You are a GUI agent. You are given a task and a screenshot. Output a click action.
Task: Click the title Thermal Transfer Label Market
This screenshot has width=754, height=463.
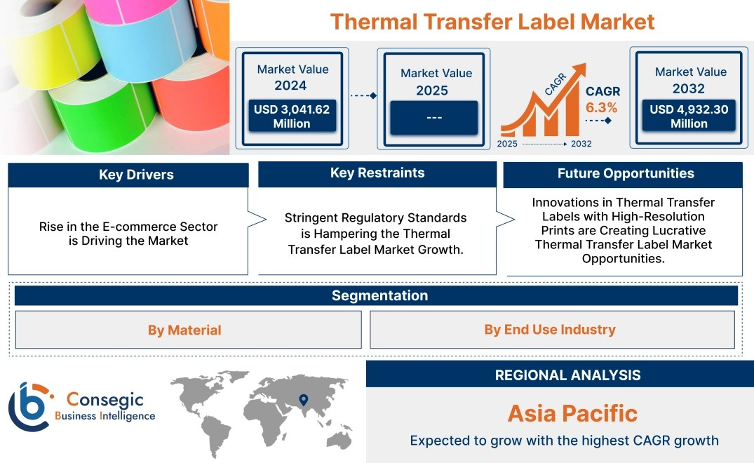click(x=492, y=22)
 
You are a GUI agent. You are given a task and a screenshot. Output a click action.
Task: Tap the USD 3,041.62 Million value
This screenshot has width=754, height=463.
click(x=292, y=116)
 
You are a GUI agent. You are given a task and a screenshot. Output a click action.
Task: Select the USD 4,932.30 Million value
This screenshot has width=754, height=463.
click(x=689, y=116)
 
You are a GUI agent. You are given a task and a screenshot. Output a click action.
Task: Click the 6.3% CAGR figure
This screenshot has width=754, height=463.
click(x=601, y=107)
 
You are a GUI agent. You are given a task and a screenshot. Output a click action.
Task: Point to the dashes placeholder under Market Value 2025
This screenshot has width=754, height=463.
click(x=434, y=117)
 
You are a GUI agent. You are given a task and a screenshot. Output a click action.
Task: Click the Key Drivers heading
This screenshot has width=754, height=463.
click(x=136, y=175)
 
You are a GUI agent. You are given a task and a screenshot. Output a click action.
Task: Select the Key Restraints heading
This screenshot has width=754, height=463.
click(x=377, y=173)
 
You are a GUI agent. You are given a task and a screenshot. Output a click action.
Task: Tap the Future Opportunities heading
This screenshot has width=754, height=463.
click(x=626, y=173)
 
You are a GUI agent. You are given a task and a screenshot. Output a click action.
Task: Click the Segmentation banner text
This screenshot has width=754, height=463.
click(x=380, y=295)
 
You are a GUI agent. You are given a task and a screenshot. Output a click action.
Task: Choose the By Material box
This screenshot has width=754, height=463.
click(x=189, y=330)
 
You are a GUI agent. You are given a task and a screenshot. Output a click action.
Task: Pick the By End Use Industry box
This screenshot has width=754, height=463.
click(x=552, y=329)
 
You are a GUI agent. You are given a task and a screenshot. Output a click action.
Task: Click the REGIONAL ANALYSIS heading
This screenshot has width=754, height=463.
click(x=568, y=375)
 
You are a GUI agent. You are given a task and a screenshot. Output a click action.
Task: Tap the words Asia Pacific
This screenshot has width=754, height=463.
click(x=572, y=413)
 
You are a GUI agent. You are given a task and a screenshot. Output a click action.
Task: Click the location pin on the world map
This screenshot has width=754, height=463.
click(x=304, y=400)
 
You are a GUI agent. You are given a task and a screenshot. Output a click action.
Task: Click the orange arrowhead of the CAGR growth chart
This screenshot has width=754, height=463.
click(x=579, y=70)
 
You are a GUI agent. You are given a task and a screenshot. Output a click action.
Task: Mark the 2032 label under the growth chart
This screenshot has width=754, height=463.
click(x=581, y=144)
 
